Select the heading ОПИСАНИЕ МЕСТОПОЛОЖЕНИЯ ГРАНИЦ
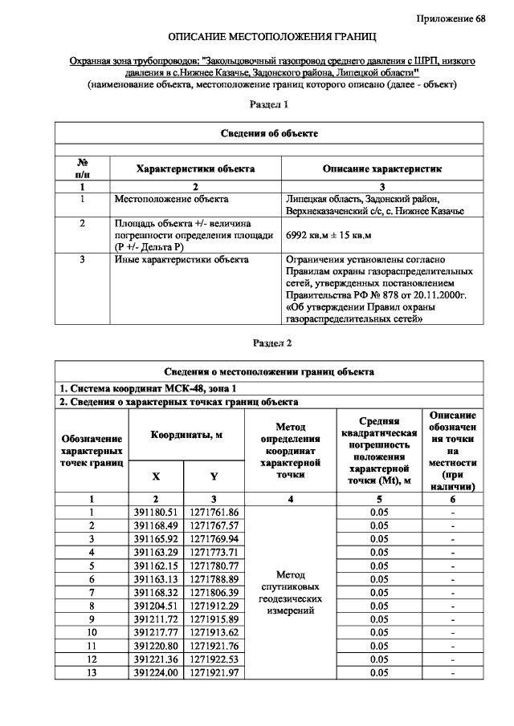click(271, 38)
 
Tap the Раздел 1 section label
click(270, 104)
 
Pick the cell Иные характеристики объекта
click(182, 259)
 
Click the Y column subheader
click(214, 476)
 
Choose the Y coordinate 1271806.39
click(214, 591)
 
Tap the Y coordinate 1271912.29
click(214, 605)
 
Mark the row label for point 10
click(92, 632)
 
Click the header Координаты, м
click(185, 435)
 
